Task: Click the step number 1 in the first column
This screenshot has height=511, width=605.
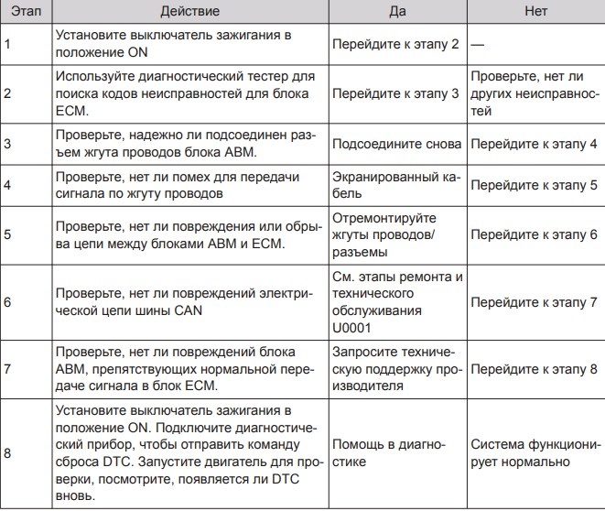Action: (7, 44)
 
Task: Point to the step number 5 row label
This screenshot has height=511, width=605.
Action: (7, 234)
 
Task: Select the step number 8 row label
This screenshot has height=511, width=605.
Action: (7, 452)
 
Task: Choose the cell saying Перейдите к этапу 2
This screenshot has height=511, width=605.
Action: (395, 44)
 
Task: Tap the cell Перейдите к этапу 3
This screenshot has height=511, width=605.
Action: (395, 93)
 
